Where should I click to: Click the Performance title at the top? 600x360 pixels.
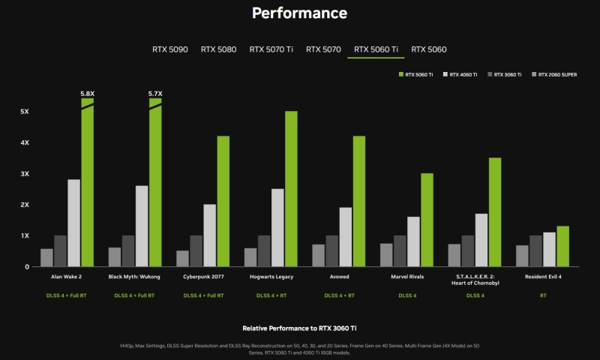pyautogui.click(x=299, y=13)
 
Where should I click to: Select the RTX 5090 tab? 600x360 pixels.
pyautogui.click(x=170, y=49)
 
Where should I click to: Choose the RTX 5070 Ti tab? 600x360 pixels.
pyautogui.click(x=271, y=49)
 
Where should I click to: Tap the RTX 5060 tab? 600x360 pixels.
pyautogui.click(x=428, y=49)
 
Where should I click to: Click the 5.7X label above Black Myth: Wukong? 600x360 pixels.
pyautogui.click(x=155, y=94)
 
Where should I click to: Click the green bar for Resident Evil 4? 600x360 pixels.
pyautogui.click(x=562, y=246)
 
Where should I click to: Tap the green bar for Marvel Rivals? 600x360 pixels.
pyautogui.click(x=427, y=220)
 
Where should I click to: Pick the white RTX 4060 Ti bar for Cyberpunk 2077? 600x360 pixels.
pyautogui.click(x=209, y=235)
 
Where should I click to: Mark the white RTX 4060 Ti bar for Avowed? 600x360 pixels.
pyautogui.click(x=345, y=237)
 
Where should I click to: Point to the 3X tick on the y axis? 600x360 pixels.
pyautogui.click(x=25, y=173)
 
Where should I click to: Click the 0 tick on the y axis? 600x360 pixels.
pyautogui.click(x=26, y=266)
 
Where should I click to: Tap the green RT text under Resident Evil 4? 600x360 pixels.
pyautogui.click(x=542, y=295)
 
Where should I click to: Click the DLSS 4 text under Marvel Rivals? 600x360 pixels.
pyautogui.click(x=406, y=295)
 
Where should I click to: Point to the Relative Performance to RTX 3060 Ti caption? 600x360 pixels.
pyautogui.click(x=299, y=328)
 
